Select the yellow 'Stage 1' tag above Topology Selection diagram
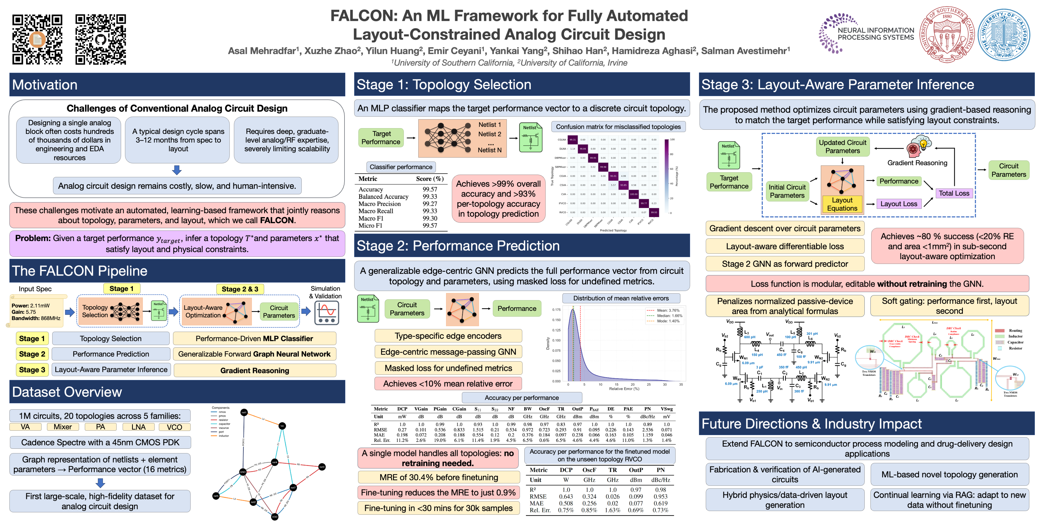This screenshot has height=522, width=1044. [x=121, y=289]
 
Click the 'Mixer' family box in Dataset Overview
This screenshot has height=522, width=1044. [x=62, y=427]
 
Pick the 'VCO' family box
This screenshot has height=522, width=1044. [x=174, y=427]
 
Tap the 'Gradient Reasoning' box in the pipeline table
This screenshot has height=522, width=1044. [x=254, y=370]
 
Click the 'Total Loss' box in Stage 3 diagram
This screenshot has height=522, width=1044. [x=954, y=193]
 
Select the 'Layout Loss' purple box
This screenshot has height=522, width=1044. [x=899, y=204]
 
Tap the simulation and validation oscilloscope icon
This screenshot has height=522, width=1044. [x=327, y=313]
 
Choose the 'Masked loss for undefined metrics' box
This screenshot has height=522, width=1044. [x=448, y=368]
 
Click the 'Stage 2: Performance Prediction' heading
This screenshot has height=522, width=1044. [x=458, y=246]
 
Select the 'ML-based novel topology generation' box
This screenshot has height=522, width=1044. [x=949, y=474]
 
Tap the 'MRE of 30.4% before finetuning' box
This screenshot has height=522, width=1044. [x=438, y=477]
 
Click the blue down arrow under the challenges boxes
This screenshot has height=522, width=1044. [x=177, y=170]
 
